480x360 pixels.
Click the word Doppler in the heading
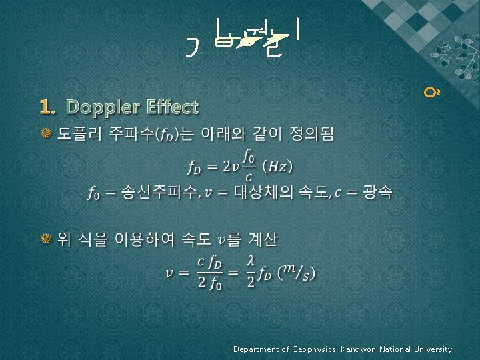click(x=98, y=107)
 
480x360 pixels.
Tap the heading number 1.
click(x=46, y=107)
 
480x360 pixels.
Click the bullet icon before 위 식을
click(x=46, y=239)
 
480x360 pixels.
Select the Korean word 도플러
click(x=77, y=135)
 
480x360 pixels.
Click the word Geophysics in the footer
click(x=316, y=349)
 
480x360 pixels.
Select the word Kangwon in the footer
click(x=361, y=349)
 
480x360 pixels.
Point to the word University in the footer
click(x=432, y=349)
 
